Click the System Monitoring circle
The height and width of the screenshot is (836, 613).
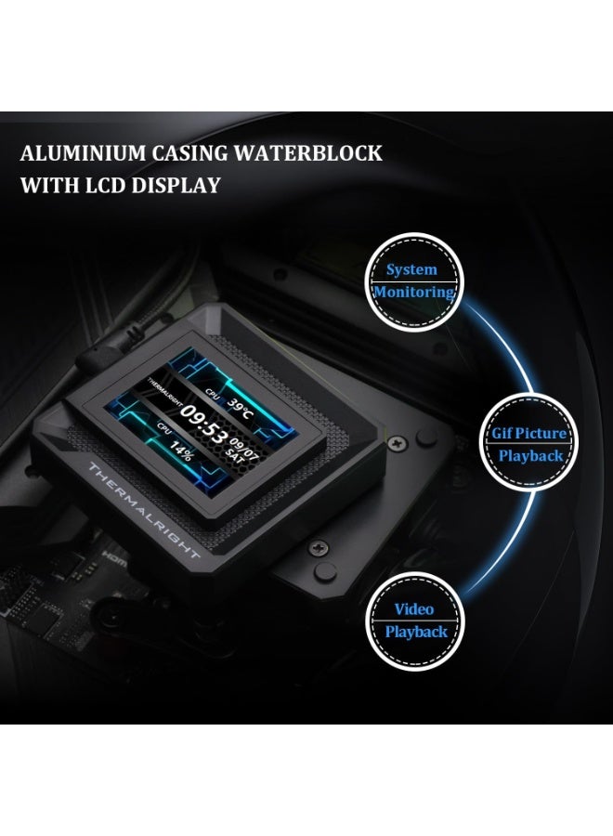coord(413,281)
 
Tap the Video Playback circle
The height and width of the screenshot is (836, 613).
coord(415,620)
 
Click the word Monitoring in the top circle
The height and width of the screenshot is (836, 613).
coord(414,292)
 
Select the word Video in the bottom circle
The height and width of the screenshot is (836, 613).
coord(414,609)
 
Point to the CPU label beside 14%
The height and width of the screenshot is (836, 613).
coord(164,428)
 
